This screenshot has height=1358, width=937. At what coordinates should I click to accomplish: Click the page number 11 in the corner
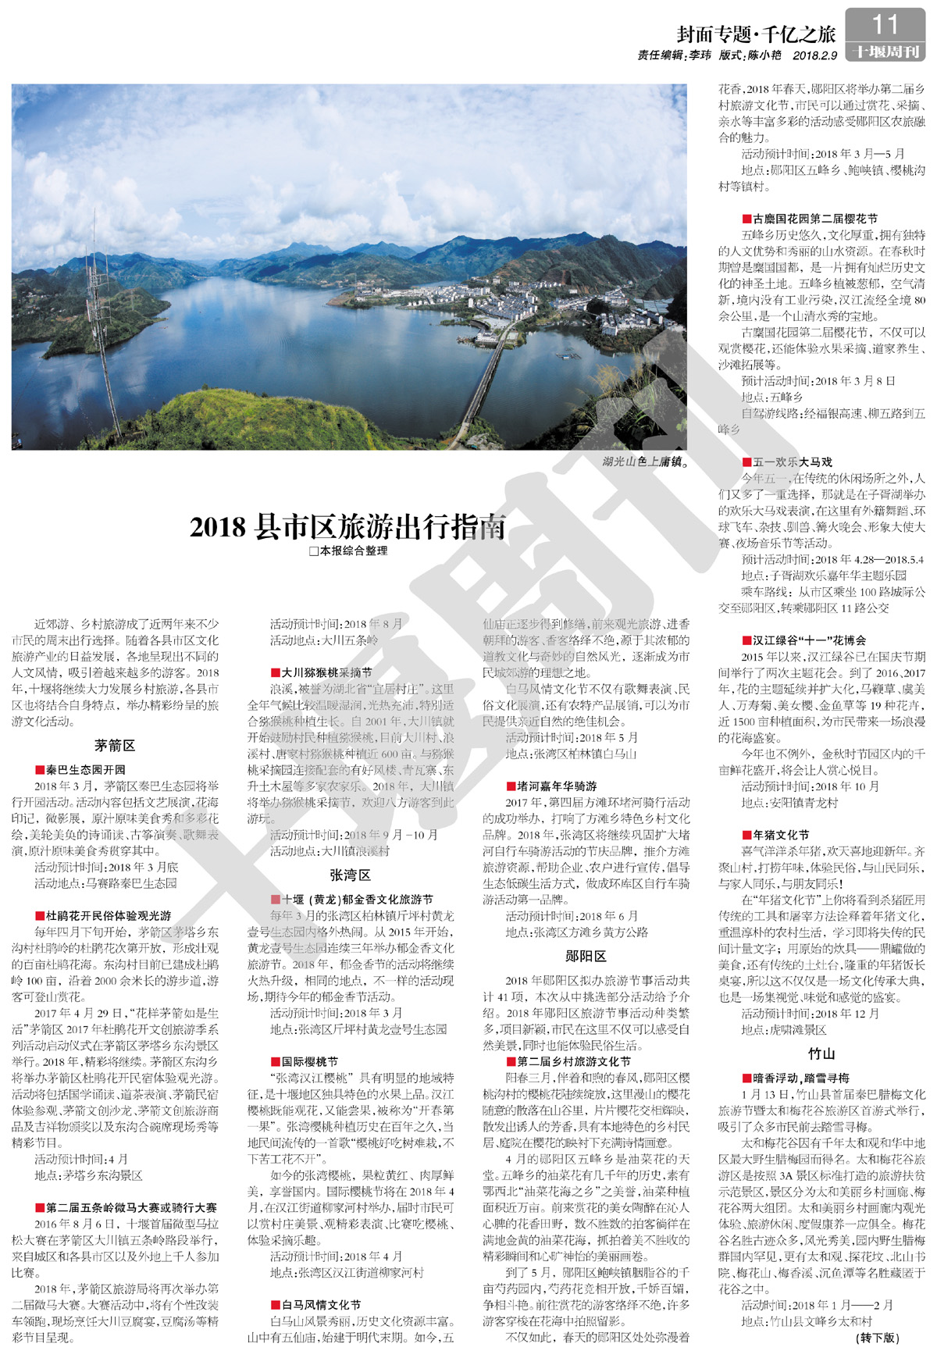tap(885, 25)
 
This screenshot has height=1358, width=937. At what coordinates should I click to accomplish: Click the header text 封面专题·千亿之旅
tap(755, 34)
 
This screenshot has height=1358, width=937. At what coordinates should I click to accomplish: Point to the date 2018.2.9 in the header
tap(814, 56)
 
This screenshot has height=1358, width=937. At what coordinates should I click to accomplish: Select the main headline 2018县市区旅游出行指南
tap(347, 527)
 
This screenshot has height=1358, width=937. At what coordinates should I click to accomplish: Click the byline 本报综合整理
tap(348, 551)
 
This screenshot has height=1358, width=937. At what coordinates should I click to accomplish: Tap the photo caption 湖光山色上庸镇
tap(645, 462)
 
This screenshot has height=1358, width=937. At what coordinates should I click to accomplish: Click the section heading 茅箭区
tap(115, 746)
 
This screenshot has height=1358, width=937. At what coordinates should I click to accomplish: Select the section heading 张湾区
tap(350, 875)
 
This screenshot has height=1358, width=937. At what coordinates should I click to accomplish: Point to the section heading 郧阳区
tap(586, 957)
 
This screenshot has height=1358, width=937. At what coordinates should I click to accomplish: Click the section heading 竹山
tap(821, 1053)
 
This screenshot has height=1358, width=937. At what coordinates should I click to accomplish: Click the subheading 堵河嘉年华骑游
tap(550, 786)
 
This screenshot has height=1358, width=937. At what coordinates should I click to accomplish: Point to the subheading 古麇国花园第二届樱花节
tap(810, 219)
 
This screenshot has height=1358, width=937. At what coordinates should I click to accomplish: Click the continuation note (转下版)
tap(878, 1338)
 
